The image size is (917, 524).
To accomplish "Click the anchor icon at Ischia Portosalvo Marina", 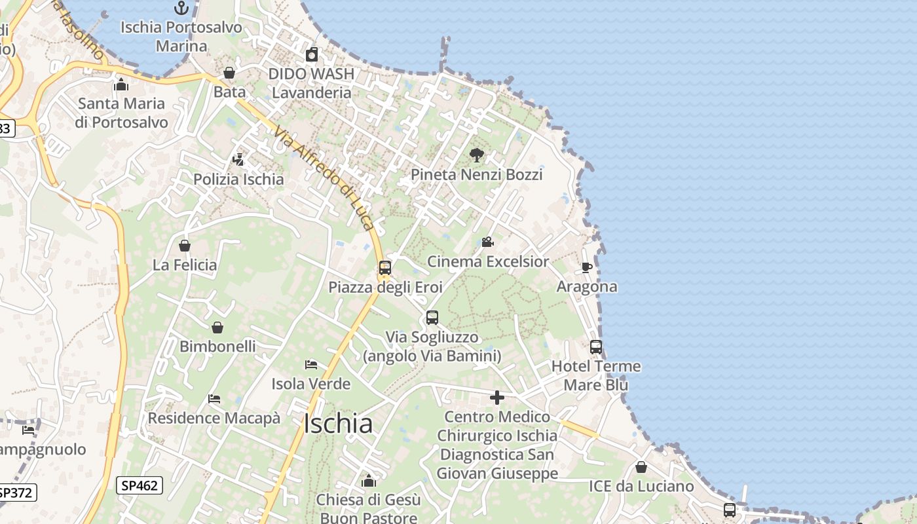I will click(x=181, y=8).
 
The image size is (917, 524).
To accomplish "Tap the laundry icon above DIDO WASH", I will click(x=312, y=54).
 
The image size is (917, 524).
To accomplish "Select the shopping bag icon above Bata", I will click(x=229, y=73).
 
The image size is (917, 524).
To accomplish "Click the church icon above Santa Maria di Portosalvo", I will click(x=121, y=84).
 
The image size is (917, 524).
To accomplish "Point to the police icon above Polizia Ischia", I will click(x=238, y=159).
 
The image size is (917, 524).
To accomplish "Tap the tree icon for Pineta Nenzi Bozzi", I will click(x=477, y=155).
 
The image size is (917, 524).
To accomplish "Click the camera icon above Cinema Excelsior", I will click(x=487, y=242).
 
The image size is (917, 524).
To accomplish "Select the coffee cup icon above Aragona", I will click(x=587, y=267).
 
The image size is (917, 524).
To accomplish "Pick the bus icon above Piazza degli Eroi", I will click(x=385, y=268).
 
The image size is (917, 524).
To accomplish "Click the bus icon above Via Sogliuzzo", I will click(x=432, y=318).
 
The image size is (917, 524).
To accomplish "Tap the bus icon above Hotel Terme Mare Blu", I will click(x=596, y=347).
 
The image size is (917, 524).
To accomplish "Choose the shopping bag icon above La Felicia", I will click(x=185, y=246).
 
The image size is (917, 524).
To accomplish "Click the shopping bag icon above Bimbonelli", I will click(x=217, y=327).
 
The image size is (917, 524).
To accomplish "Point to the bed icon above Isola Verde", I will click(x=311, y=365).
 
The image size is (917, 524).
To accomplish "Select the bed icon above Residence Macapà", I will click(x=214, y=398).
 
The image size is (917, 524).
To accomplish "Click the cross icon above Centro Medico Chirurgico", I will click(x=497, y=398).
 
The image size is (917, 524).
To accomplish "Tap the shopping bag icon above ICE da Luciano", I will click(x=641, y=467).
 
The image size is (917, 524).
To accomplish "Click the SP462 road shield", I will click(x=140, y=485).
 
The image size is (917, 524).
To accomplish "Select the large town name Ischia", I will click(x=338, y=424).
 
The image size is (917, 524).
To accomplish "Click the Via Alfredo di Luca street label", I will click(x=324, y=178).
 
